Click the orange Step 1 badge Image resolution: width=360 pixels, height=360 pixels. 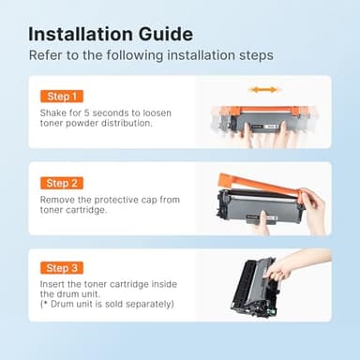(x=63, y=97)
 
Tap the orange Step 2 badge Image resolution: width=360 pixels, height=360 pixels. (x=63, y=183)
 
